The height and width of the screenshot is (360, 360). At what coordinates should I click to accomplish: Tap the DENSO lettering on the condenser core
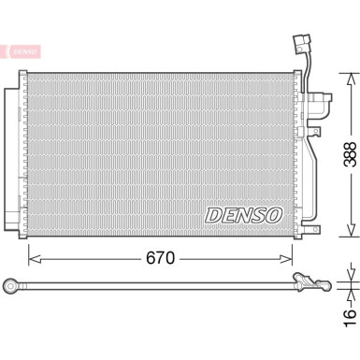pos(243,214)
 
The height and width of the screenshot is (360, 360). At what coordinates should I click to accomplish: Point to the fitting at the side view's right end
pos(309,280)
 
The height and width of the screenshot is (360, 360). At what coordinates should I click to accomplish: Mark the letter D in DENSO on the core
pos(212,214)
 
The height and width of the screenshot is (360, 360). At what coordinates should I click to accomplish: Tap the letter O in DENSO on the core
pos(274,214)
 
